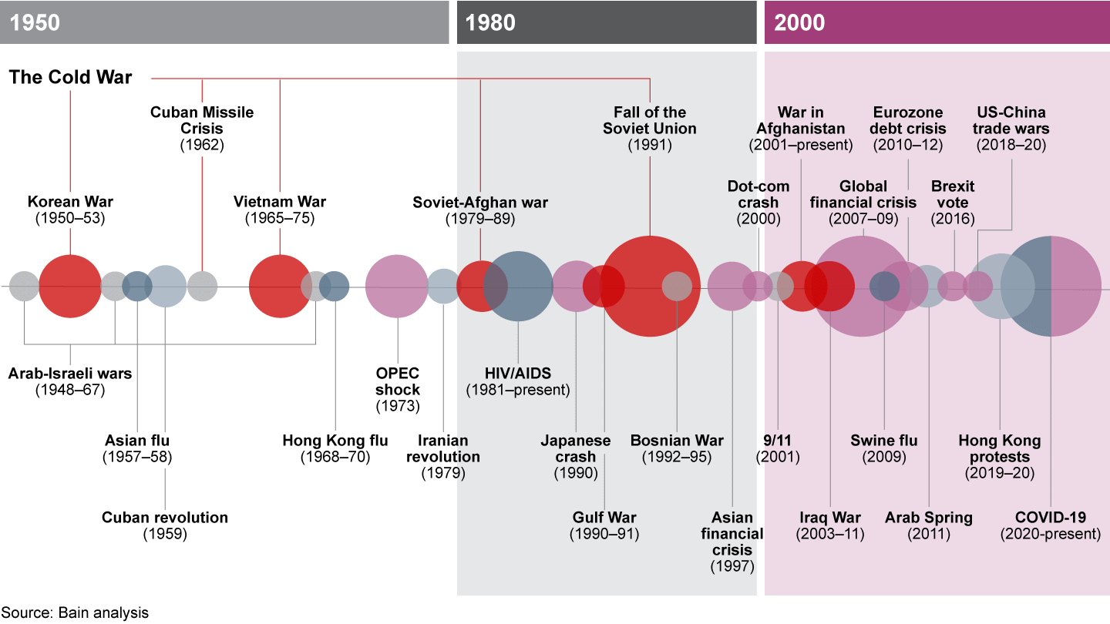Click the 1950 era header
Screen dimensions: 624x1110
pos(224,22)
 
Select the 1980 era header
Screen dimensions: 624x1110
pos(606,22)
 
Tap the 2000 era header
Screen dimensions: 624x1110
pos(937,22)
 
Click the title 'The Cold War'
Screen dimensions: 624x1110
pos(70,77)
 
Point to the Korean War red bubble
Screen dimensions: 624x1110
pos(70,286)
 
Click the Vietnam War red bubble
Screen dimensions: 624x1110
pos(280,286)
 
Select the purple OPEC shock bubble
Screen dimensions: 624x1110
pos(397,286)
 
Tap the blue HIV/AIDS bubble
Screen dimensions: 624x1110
pos(518,286)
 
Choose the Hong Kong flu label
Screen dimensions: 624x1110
pos(335,448)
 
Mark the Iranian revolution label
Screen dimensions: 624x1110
pos(443,457)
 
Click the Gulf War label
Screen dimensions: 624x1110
pos(604,525)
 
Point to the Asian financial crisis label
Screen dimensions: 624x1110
pos(732,542)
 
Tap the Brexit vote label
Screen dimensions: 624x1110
pos(953,203)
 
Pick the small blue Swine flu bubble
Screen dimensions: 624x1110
pos(884,286)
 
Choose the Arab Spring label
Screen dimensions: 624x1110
pos(929,525)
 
